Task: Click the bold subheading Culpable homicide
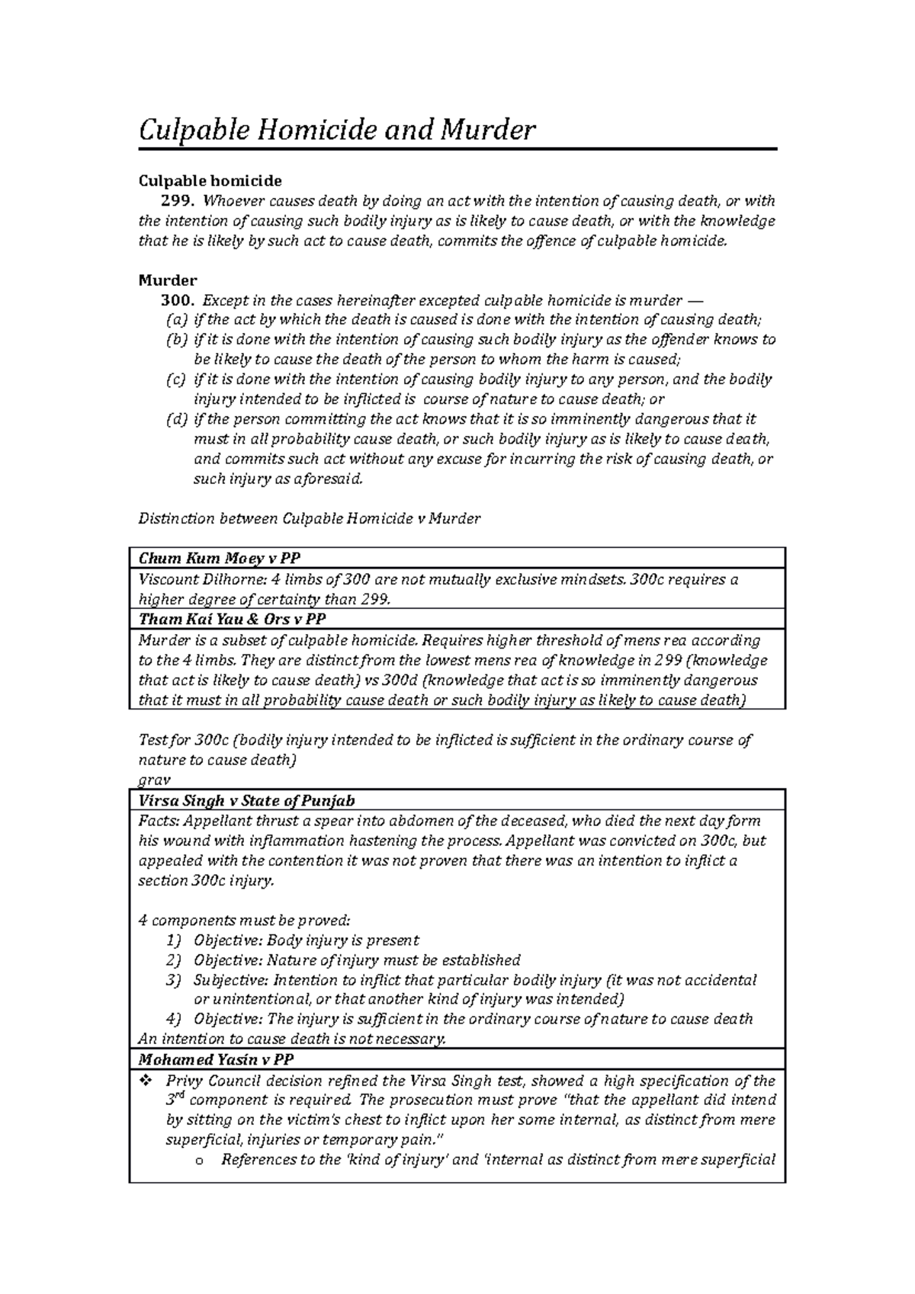point(210,181)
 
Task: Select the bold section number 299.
point(177,201)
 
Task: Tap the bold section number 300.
point(177,300)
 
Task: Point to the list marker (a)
point(175,320)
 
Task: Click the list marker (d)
point(175,419)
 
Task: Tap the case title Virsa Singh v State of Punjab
point(246,801)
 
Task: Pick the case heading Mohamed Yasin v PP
point(216,1060)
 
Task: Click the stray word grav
point(153,780)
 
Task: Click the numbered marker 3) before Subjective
point(174,980)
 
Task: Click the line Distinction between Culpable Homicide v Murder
point(309,519)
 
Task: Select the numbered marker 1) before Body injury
point(174,940)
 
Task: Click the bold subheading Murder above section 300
point(168,280)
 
